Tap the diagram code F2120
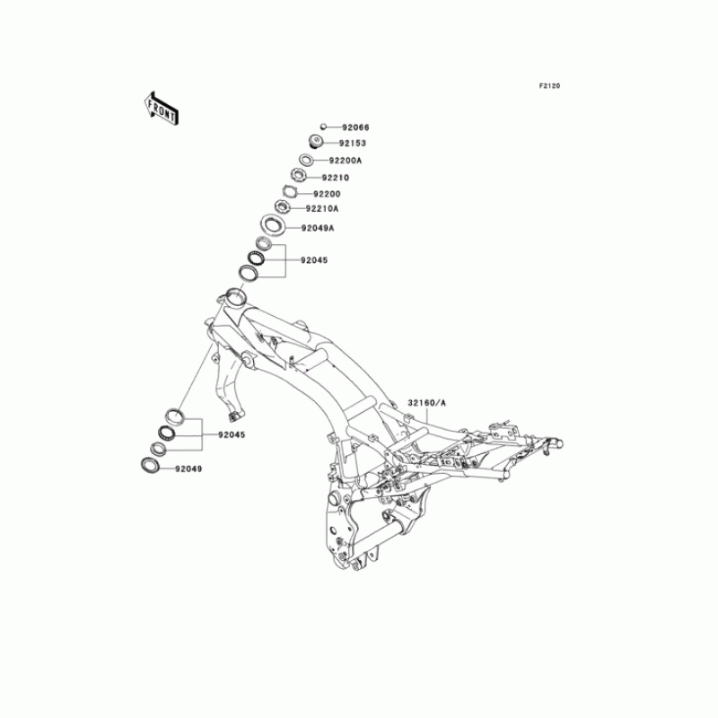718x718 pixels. coord(549,86)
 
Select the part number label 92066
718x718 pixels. coord(355,127)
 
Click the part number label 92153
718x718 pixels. coord(352,143)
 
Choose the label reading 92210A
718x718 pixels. coord(321,208)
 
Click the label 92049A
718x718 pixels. coord(317,229)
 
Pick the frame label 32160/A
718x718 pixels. coord(426,404)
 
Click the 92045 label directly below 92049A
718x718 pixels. coord(314,259)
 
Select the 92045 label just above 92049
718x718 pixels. coord(231,434)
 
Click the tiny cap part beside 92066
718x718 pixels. coord(322,127)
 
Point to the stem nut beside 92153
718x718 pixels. coord(316,141)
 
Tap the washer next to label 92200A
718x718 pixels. coord(306,160)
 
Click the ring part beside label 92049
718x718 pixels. coord(148,465)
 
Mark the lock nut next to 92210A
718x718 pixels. coord(281,207)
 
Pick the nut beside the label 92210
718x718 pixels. coord(298,175)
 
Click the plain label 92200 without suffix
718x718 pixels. coord(327,193)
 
